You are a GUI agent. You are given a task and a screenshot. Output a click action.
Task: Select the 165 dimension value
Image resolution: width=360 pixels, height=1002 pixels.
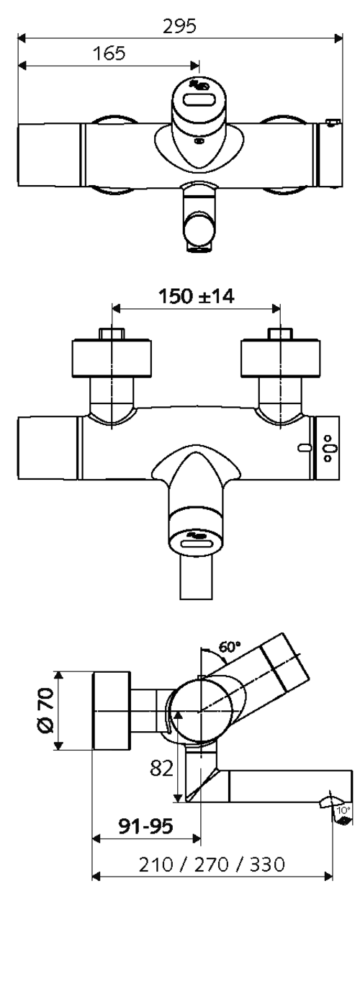pos(109,54)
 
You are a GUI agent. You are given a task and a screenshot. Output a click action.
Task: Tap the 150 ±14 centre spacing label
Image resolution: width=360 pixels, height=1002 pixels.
pos(196,296)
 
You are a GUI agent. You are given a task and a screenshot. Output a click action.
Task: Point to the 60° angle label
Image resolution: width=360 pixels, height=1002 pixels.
pos(230,646)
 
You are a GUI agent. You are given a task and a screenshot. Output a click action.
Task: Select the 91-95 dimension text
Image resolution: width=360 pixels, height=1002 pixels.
pos(145,826)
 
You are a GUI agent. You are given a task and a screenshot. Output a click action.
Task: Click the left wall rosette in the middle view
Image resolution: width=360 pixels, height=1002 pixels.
pos(111,359)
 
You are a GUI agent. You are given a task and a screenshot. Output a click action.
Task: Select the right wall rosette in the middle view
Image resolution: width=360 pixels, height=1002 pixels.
pos(280,359)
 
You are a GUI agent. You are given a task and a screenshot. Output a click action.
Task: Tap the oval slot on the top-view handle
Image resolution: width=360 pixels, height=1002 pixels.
pos(199,101)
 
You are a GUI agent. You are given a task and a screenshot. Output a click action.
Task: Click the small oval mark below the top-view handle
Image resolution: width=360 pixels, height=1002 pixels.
pos(198,141)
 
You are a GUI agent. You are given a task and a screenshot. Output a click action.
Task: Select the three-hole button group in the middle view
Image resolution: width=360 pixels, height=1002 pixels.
pos(330,448)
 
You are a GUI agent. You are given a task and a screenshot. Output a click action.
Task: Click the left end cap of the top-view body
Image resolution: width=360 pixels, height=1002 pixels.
pos(49,155)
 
